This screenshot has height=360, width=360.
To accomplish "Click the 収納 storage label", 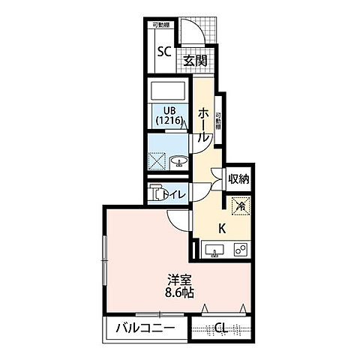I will tap(238, 179).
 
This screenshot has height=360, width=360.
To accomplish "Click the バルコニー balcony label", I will tap(145, 328).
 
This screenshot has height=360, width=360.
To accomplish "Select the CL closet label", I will tap(222, 328).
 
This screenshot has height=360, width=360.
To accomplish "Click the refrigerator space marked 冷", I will tap(240, 203).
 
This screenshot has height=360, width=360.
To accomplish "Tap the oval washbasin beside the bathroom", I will tap(178, 160).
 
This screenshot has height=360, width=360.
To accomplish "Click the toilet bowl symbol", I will tap(157, 193).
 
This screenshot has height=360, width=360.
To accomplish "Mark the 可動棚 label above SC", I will tap(161, 25).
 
